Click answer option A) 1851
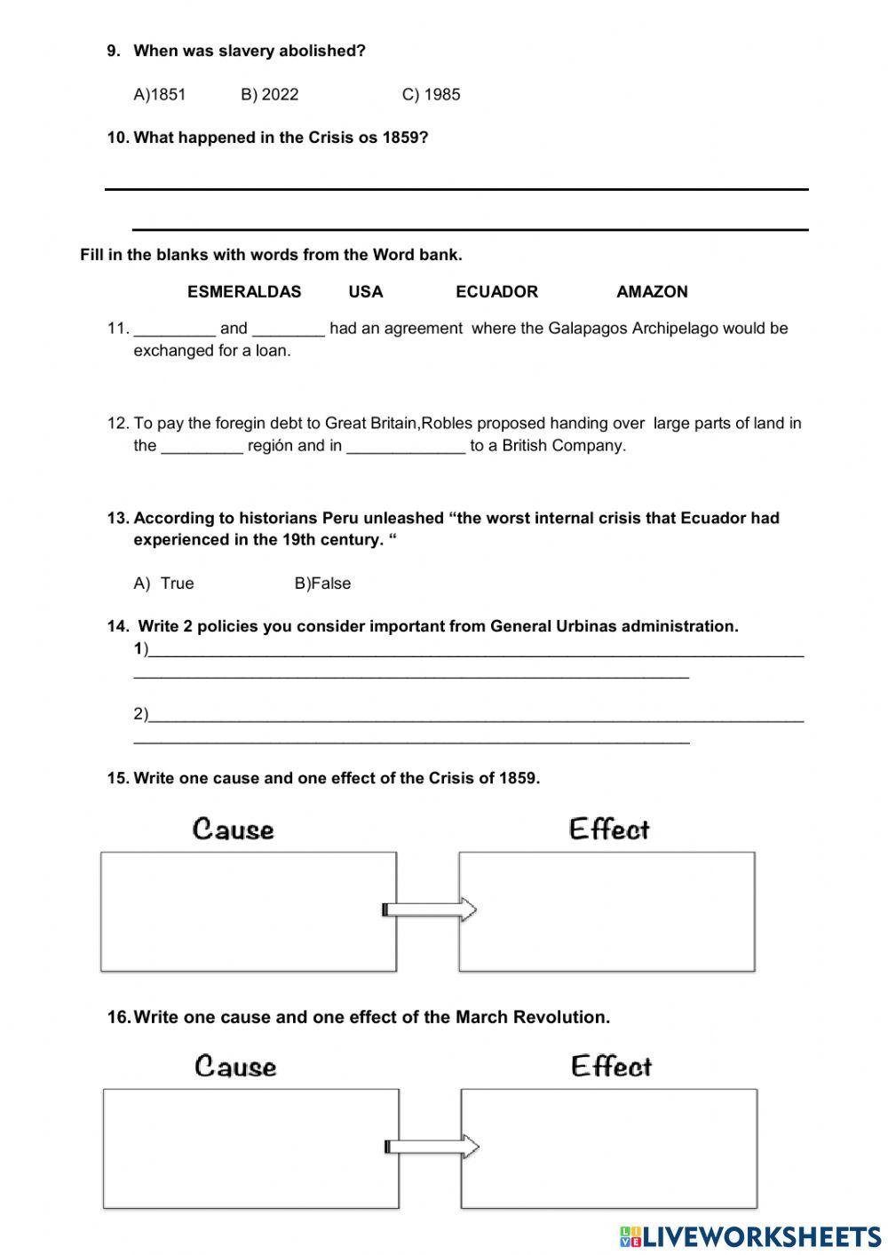(160, 94)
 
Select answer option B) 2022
(269, 94)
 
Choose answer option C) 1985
(431, 94)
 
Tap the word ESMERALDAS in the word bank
(244, 291)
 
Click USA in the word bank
(366, 291)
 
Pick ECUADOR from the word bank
(496, 291)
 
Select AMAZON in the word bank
(652, 291)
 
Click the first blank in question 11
(174, 330)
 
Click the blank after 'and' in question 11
(289, 330)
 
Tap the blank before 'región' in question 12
(202, 447)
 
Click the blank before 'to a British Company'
(406, 447)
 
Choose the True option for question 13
(165, 584)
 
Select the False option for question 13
(323, 584)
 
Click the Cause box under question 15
(248, 911)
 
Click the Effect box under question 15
(607, 911)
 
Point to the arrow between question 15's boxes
(430, 909)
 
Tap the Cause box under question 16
(250, 1148)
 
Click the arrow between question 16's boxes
(432, 1147)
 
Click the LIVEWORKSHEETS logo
(750, 1236)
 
